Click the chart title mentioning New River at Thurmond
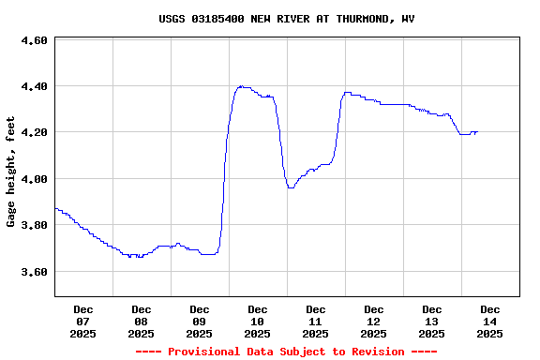(286, 19)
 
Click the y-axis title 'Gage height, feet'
(11, 172)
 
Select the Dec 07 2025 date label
(83, 321)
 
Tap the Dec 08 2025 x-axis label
(142, 321)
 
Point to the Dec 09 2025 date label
(200, 321)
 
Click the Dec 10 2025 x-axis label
(258, 321)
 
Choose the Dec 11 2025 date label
(316, 321)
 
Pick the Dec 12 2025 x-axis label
(374, 321)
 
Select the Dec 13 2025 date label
(432, 321)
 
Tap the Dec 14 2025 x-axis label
(490, 321)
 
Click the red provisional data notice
(286, 352)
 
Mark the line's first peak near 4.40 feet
(241, 86)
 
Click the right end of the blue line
(477, 132)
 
